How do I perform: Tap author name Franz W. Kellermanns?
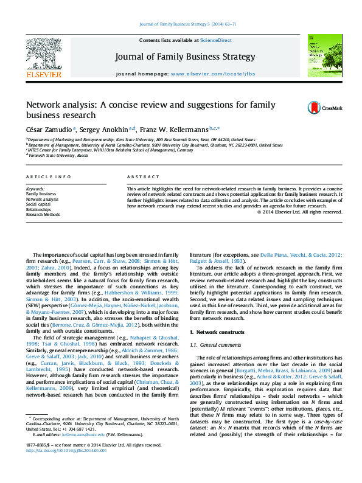(x=173, y=129)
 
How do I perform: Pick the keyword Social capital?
(x=38, y=204)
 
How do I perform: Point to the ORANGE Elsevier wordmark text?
(x=43, y=75)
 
